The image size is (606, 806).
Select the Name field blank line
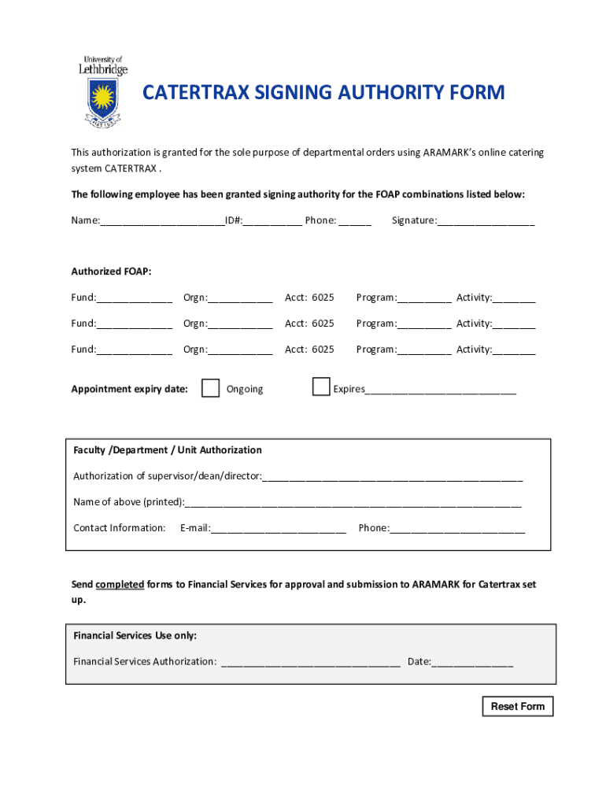coord(162,222)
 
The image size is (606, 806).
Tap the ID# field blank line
coord(272,222)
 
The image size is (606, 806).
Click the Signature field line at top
coord(486,222)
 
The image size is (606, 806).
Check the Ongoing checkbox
coord(210,388)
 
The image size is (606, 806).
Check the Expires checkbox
coord(320,386)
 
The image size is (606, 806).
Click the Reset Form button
coord(517,706)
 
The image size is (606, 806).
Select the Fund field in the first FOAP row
coord(135,298)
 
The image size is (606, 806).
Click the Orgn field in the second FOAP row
coord(240,324)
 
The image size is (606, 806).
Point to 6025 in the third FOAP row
coord(323,349)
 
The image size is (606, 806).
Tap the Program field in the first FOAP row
coord(424,298)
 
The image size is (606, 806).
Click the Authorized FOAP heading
coord(111,272)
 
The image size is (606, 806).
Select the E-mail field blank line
coord(278,529)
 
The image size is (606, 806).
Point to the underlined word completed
coord(120,585)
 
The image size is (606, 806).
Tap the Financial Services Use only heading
coord(135,635)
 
